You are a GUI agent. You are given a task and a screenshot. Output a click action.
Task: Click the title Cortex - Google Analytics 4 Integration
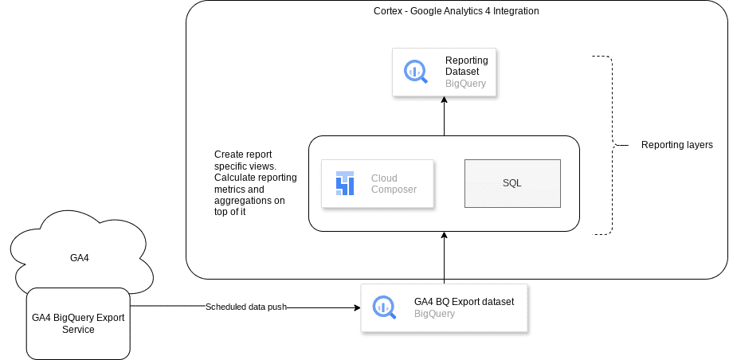457,10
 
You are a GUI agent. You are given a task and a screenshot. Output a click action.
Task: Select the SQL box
511,183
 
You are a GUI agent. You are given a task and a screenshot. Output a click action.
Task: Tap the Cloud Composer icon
344,184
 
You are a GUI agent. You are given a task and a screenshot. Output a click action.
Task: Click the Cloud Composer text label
394,184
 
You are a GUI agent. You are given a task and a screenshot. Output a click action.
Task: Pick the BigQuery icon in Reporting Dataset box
415,72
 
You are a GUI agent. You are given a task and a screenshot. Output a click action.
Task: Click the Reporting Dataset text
466,65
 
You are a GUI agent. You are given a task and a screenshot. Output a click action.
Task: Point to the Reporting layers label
676,145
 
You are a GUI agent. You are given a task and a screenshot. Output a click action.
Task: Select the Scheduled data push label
245,307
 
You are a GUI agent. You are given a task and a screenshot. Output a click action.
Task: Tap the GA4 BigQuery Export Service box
78,323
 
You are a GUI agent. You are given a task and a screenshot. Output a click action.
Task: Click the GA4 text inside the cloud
78,258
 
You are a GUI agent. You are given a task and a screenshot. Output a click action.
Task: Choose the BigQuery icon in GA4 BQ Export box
384,307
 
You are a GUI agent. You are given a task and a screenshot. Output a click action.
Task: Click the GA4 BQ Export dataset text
464,301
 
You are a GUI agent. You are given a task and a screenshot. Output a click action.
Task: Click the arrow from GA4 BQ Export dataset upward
444,257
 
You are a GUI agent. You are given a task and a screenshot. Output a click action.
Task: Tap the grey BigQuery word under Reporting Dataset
465,83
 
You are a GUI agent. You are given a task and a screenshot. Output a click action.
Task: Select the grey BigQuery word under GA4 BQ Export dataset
434,314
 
